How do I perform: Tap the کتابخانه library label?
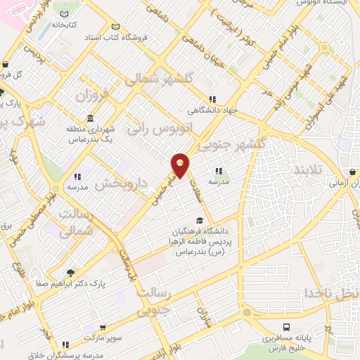[x=63, y=24]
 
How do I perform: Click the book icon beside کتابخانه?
[x=65, y=13]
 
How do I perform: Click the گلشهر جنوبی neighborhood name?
[x=231, y=144]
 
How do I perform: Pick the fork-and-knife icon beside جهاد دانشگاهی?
[x=212, y=99]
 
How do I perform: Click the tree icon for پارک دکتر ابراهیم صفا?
[x=70, y=273]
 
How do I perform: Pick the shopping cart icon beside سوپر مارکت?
[x=103, y=328]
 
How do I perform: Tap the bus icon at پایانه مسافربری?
[x=286, y=327]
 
